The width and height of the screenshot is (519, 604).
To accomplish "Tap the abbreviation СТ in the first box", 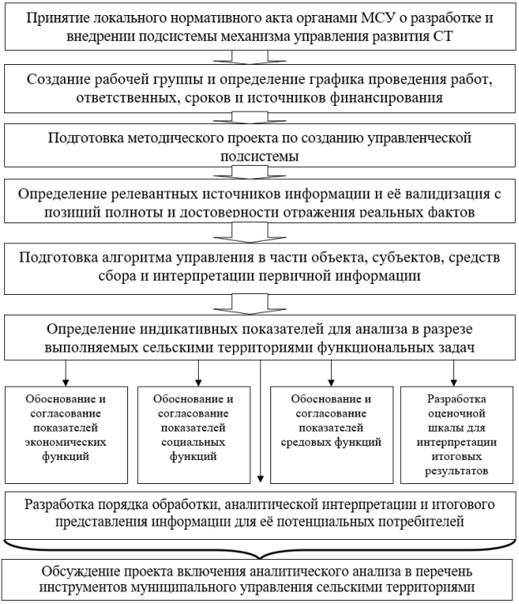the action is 442,36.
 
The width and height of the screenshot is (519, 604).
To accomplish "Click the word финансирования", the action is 387,97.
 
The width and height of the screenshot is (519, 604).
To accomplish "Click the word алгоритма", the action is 136,257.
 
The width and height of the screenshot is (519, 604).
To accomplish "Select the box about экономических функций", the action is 67,435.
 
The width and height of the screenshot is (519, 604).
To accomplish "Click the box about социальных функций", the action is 194,435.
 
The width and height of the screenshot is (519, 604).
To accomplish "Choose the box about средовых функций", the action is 332,435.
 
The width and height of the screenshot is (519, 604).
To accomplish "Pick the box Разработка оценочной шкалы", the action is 457,435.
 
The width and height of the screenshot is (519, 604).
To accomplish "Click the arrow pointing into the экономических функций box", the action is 66,373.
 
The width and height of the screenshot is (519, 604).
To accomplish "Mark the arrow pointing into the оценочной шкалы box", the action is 453,373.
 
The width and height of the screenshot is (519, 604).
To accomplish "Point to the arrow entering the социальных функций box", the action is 199,373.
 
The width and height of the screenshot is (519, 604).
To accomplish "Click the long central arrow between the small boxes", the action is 260,421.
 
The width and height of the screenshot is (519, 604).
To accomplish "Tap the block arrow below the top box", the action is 250,57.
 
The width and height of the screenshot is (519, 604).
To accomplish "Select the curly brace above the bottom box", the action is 259,548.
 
